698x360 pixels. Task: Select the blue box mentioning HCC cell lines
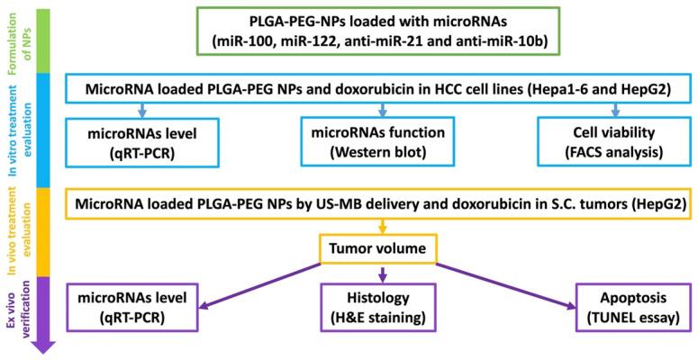click(378, 90)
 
